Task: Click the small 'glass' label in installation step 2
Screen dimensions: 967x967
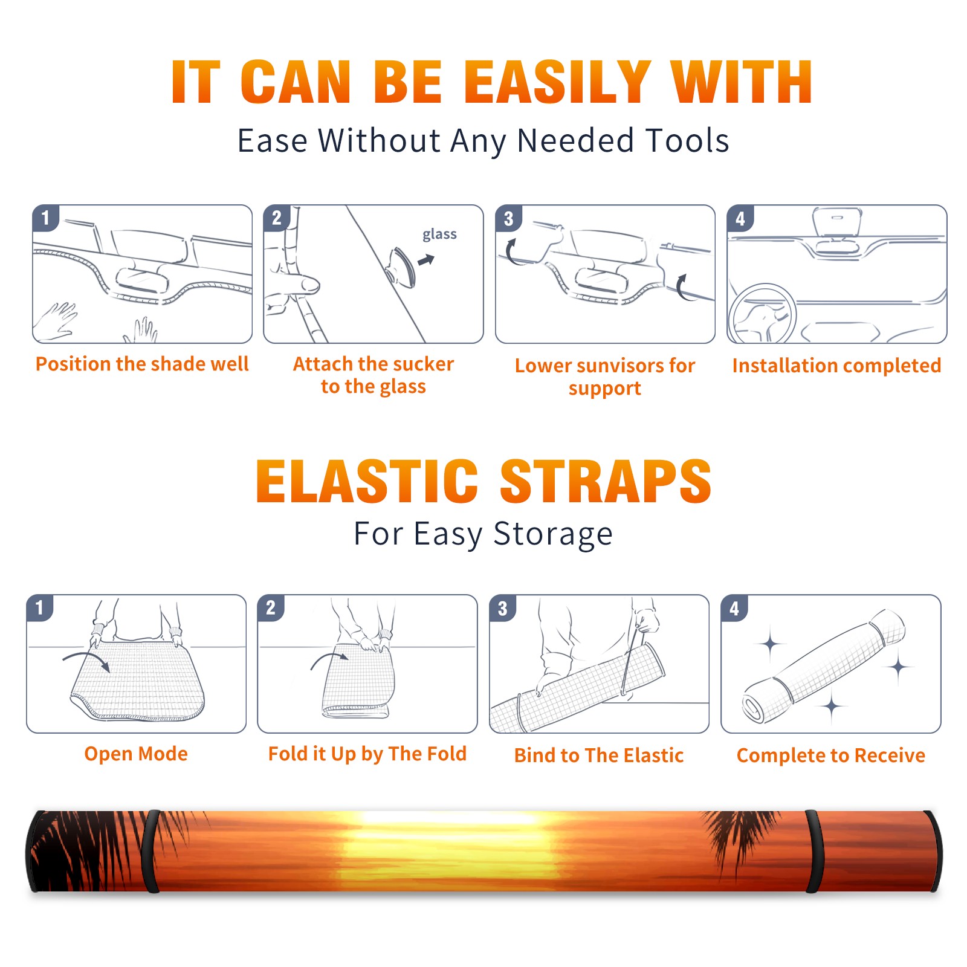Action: pyautogui.click(x=439, y=234)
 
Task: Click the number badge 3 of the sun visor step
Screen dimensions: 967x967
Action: pyautogui.click(x=508, y=218)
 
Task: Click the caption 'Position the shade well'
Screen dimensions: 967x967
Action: pyautogui.click(x=142, y=364)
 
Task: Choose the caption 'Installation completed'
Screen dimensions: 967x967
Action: pyautogui.click(x=836, y=366)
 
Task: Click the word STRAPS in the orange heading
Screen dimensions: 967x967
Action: pyautogui.click(x=606, y=481)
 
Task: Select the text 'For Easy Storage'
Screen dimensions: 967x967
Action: pyautogui.click(x=483, y=534)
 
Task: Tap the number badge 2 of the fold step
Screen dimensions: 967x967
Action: pyautogui.click(x=271, y=607)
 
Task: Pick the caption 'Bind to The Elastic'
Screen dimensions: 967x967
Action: pyautogui.click(x=598, y=755)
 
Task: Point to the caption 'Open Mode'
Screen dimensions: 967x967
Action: pyautogui.click(x=136, y=754)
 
